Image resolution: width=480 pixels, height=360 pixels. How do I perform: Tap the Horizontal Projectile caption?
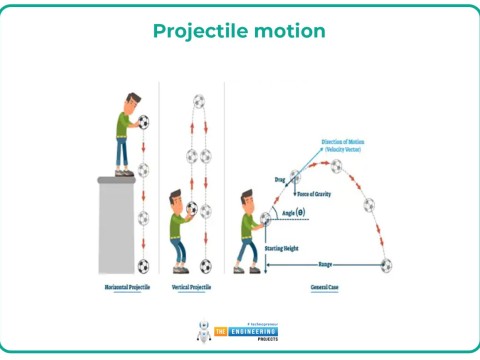click(127, 287)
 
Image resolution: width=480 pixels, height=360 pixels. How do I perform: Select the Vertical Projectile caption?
click(192, 287)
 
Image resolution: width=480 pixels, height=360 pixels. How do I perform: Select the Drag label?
click(280, 179)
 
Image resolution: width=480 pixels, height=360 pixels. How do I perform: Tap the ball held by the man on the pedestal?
click(143, 123)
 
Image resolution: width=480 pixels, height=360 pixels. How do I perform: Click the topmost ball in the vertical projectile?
click(198, 101)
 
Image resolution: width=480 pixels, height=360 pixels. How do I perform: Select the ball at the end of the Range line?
click(387, 265)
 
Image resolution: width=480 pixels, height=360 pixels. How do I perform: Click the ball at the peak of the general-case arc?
click(337, 164)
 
